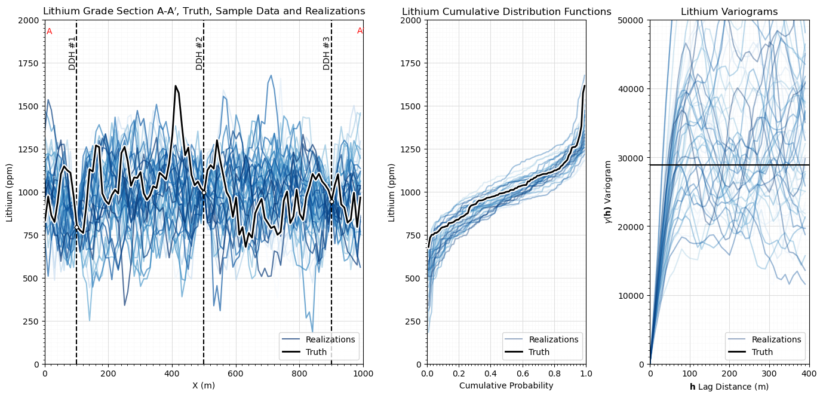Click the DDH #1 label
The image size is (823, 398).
[x=72, y=53]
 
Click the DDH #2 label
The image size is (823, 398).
[x=199, y=53]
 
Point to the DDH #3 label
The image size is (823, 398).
[x=327, y=53]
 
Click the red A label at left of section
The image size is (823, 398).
[x=50, y=32]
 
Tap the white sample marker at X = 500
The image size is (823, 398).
[x=204, y=192]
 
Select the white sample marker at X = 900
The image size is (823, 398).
[x=331, y=201]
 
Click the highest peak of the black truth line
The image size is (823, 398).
[x=176, y=86]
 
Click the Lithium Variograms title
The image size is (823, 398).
[x=729, y=12]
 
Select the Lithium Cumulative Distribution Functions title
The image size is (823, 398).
[x=506, y=12]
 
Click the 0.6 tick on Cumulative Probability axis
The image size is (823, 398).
[x=523, y=373]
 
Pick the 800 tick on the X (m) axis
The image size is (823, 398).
[x=300, y=373]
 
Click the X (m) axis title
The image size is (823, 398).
[x=204, y=385]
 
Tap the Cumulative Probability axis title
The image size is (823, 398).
[x=506, y=385]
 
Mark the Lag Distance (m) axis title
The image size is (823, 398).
[x=729, y=387]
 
